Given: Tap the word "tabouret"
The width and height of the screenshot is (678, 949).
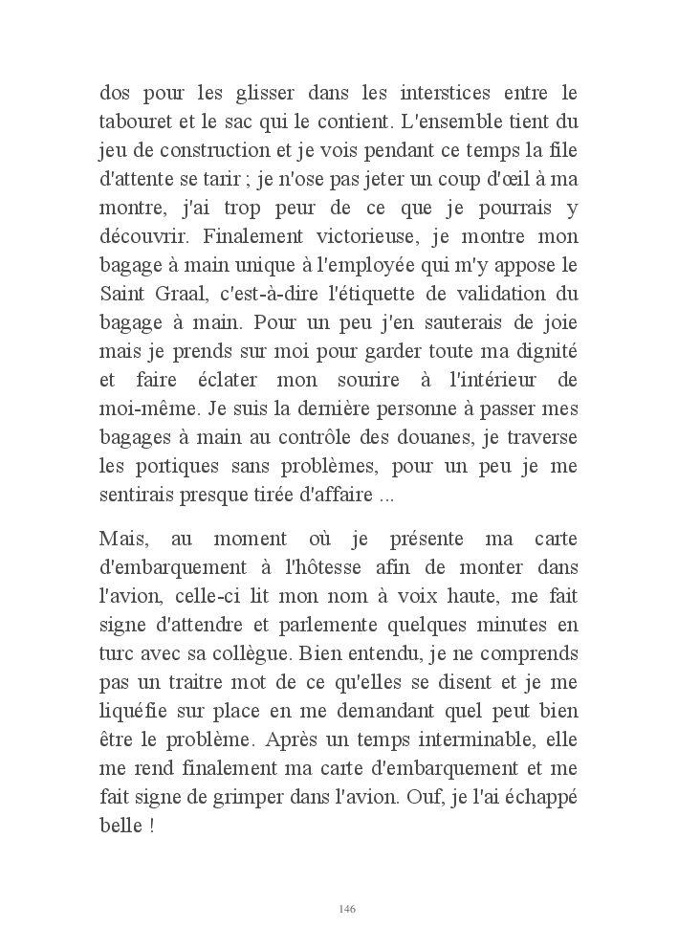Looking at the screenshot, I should [x=133, y=121].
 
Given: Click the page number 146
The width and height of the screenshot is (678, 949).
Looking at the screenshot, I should [x=348, y=908].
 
